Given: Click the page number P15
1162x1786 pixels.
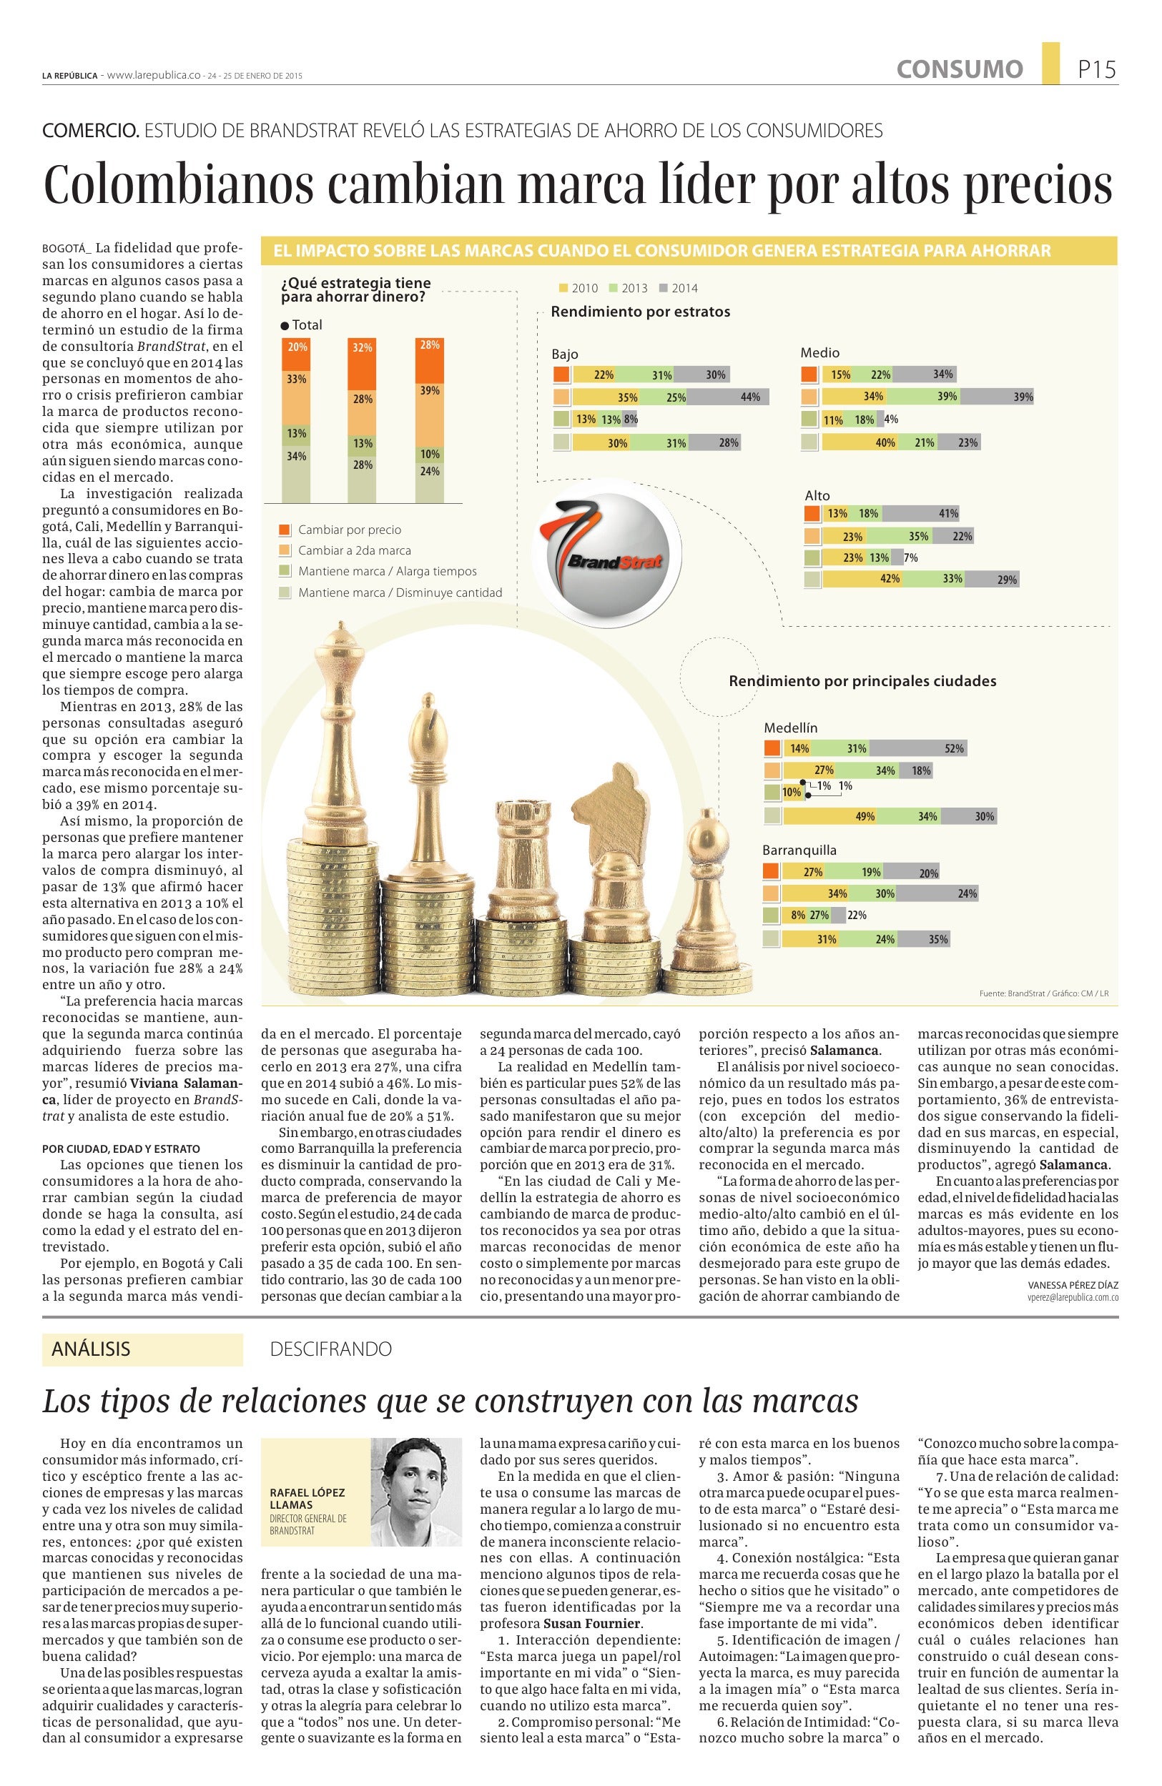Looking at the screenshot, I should (x=1097, y=70).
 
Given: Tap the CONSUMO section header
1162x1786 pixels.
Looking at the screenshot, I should (x=959, y=70).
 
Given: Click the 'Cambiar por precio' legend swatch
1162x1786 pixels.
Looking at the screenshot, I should (x=285, y=530).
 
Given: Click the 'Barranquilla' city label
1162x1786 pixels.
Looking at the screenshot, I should (x=799, y=850).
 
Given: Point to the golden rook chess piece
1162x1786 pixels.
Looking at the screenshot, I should (x=523, y=859).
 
